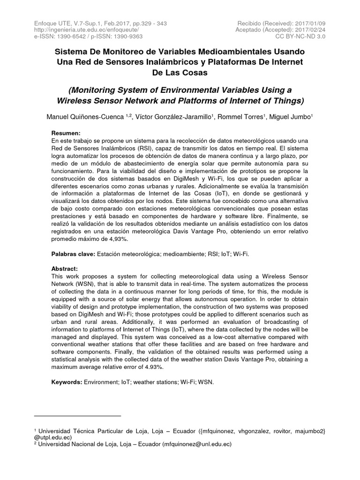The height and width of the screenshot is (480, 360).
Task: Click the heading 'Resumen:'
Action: click(66, 133)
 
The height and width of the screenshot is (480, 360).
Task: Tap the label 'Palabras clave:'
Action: click(73, 254)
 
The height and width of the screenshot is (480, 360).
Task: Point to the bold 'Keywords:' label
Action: click(67, 382)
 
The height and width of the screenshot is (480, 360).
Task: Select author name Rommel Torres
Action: click(241, 117)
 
